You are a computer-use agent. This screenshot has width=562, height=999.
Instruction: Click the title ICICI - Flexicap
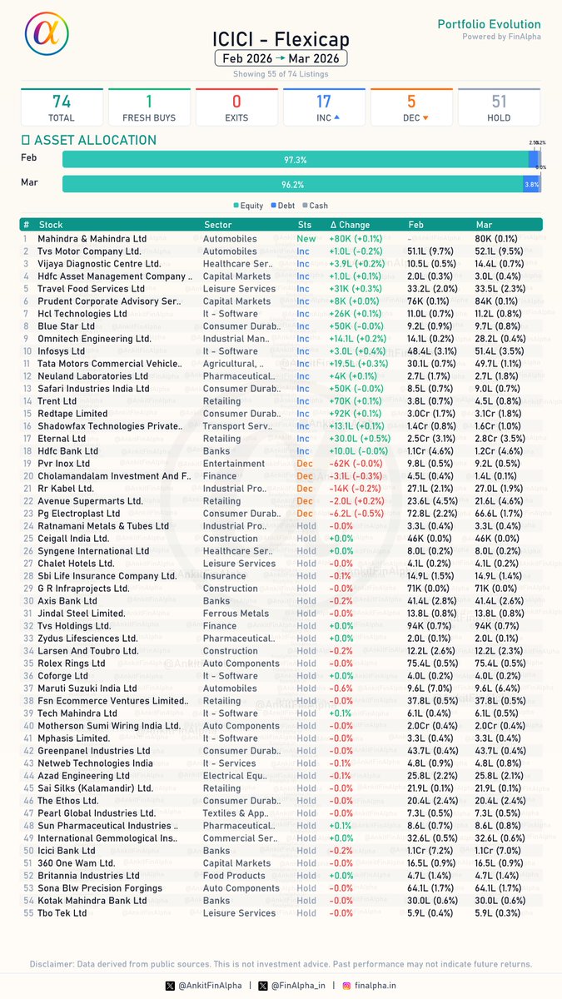point(281,40)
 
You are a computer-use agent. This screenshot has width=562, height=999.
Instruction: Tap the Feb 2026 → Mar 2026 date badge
point(281,58)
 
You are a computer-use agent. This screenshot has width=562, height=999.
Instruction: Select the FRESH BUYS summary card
point(149,107)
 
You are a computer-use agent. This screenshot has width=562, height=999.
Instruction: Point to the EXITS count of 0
point(236,102)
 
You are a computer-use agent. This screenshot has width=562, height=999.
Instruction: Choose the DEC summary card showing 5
point(411,107)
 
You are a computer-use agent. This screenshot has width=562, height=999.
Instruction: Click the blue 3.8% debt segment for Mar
point(531,184)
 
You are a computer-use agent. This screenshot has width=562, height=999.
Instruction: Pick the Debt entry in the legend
point(285,206)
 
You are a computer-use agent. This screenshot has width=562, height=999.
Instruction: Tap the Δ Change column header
point(350,225)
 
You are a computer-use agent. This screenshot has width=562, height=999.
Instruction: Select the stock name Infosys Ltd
point(62,351)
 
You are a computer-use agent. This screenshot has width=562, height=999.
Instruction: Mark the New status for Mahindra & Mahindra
point(306,239)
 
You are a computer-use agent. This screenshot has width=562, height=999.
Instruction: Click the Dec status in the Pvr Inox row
point(305,464)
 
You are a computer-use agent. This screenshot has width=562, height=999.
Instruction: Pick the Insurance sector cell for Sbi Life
point(225,576)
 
